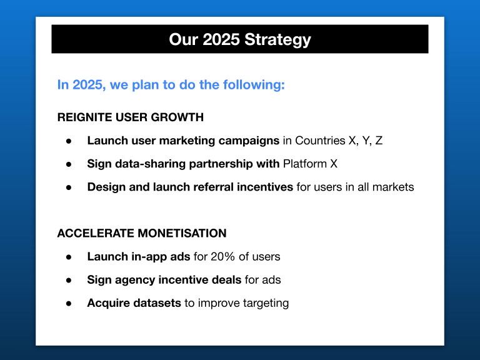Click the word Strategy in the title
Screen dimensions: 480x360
(277, 40)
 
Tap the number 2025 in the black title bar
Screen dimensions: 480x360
(221, 39)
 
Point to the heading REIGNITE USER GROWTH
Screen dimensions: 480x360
(131, 117)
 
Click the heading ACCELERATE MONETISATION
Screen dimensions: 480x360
(142, 233)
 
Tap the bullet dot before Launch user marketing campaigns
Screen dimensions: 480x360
(69, 141)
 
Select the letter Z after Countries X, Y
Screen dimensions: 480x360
(379, 141)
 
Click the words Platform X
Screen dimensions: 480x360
(310, 164)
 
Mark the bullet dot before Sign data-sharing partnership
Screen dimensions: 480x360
(69, 164)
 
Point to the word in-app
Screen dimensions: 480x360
(149, 257)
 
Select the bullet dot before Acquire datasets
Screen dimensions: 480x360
(69, 304)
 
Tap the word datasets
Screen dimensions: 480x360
(157, 303)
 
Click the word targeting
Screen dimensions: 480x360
(266, 303)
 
